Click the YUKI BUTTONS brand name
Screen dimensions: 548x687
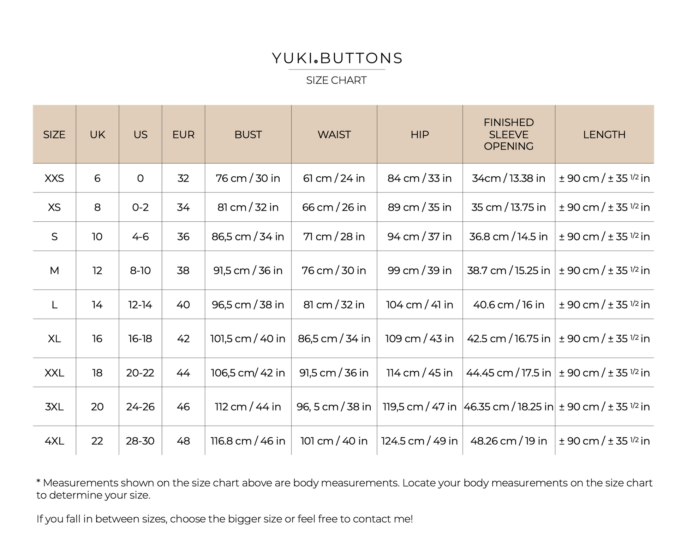point(337,58)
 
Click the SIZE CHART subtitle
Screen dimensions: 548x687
point(336,80)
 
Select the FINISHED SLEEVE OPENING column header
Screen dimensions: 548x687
point(508,134)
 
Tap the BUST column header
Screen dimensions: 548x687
point(248,134)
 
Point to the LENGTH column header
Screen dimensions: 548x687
point(604,134)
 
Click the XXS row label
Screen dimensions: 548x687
point(54,178)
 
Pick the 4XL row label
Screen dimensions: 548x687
point(54,441)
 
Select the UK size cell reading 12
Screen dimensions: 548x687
point(97,270)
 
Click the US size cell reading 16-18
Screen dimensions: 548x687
point(140,339)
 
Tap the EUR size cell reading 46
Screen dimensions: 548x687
point(183,407)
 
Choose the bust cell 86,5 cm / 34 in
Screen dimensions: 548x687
point(248,237)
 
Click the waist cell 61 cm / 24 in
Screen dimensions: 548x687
point(334,178)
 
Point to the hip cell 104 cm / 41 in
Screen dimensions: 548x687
point(419,305)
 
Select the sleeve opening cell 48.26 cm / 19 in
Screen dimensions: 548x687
point(508,441)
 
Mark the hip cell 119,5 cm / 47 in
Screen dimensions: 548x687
point(419,407)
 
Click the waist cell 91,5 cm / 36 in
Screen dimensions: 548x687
point(334,373)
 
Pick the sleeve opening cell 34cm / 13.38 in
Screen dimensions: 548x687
point(508,178)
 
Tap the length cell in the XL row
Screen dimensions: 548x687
point(604,339)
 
